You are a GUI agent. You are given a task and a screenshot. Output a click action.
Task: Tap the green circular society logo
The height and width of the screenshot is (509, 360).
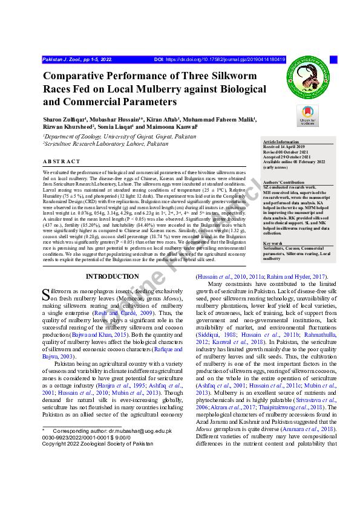(310, 80)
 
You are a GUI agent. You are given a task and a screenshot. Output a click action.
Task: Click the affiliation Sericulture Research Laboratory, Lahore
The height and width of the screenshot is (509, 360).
(105, 144)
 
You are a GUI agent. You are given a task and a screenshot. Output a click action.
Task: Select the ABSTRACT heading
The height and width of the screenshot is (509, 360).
(61, 162)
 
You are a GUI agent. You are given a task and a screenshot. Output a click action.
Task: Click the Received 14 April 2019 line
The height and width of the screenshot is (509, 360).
(289, 146)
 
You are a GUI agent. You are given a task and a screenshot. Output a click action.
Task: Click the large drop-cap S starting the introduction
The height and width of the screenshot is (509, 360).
(45, 295)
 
